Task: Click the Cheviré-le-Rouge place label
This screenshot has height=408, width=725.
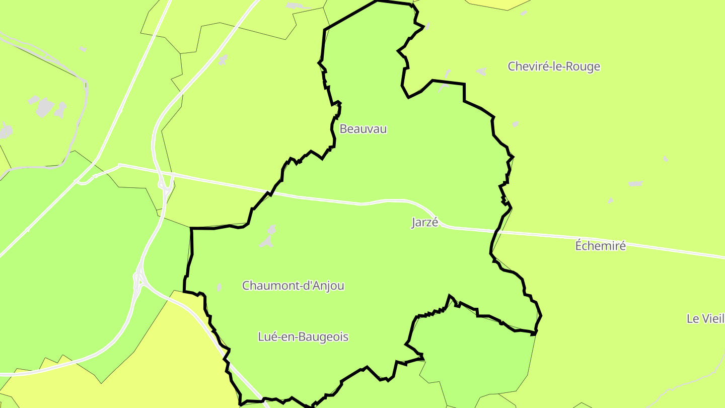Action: pyautogui.click(x=554, y=66)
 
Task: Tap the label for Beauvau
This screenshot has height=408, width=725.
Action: pyautogui.click(x=363, y=129)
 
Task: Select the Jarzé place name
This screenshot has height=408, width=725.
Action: pyautogui.click(x=425, y=223)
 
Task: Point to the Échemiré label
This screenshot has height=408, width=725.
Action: pyautogui.click(x=600, y=246)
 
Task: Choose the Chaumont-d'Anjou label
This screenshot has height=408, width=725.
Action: pyautogui.click(x=293, y=286)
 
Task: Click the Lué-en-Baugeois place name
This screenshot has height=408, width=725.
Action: pyautogui.click(x=303, y=337)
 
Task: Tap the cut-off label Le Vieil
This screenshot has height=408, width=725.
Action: pyautogui.click(x=705, y=318)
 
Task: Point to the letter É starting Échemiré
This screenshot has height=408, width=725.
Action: pyautogui.click(x=579, y=246)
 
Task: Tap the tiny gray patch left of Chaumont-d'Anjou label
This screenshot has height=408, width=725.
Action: pyautogui.click(x=219, y=287)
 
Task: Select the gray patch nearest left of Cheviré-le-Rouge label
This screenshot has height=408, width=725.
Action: pyautogui.click(x=482, y=72)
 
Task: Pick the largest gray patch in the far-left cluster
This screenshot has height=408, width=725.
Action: pyautogui.click(x=45, y=107)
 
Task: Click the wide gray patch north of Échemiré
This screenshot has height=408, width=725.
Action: pyautogui.click(x=635, y=184)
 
